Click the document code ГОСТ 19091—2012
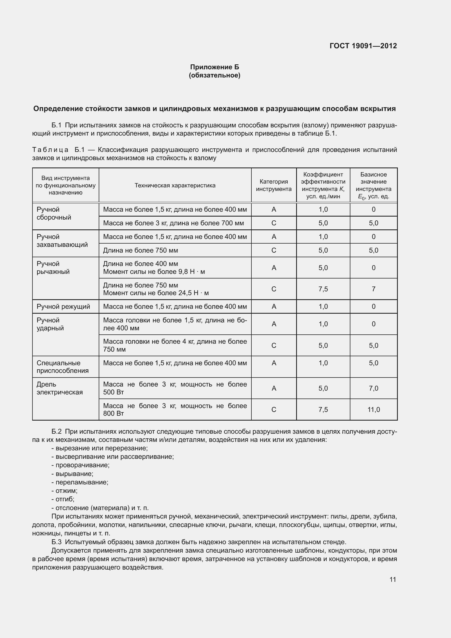[363, 46]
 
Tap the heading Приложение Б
[214, 67]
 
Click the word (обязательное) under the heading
[214, 75]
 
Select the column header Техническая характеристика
[175, 185]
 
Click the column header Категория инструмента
[273, 185]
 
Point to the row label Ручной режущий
[63, 307]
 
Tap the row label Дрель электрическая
[59, 388]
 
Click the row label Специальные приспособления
[62, 367]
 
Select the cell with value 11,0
[374, 410]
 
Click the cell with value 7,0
[374, 388]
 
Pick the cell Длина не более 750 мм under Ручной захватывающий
[140, 250]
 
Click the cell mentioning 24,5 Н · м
[156, 289]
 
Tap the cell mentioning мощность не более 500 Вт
[175, 388]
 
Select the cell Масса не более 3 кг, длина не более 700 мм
[174, 223]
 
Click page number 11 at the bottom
[392, 579]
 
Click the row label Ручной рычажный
[53, 268]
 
